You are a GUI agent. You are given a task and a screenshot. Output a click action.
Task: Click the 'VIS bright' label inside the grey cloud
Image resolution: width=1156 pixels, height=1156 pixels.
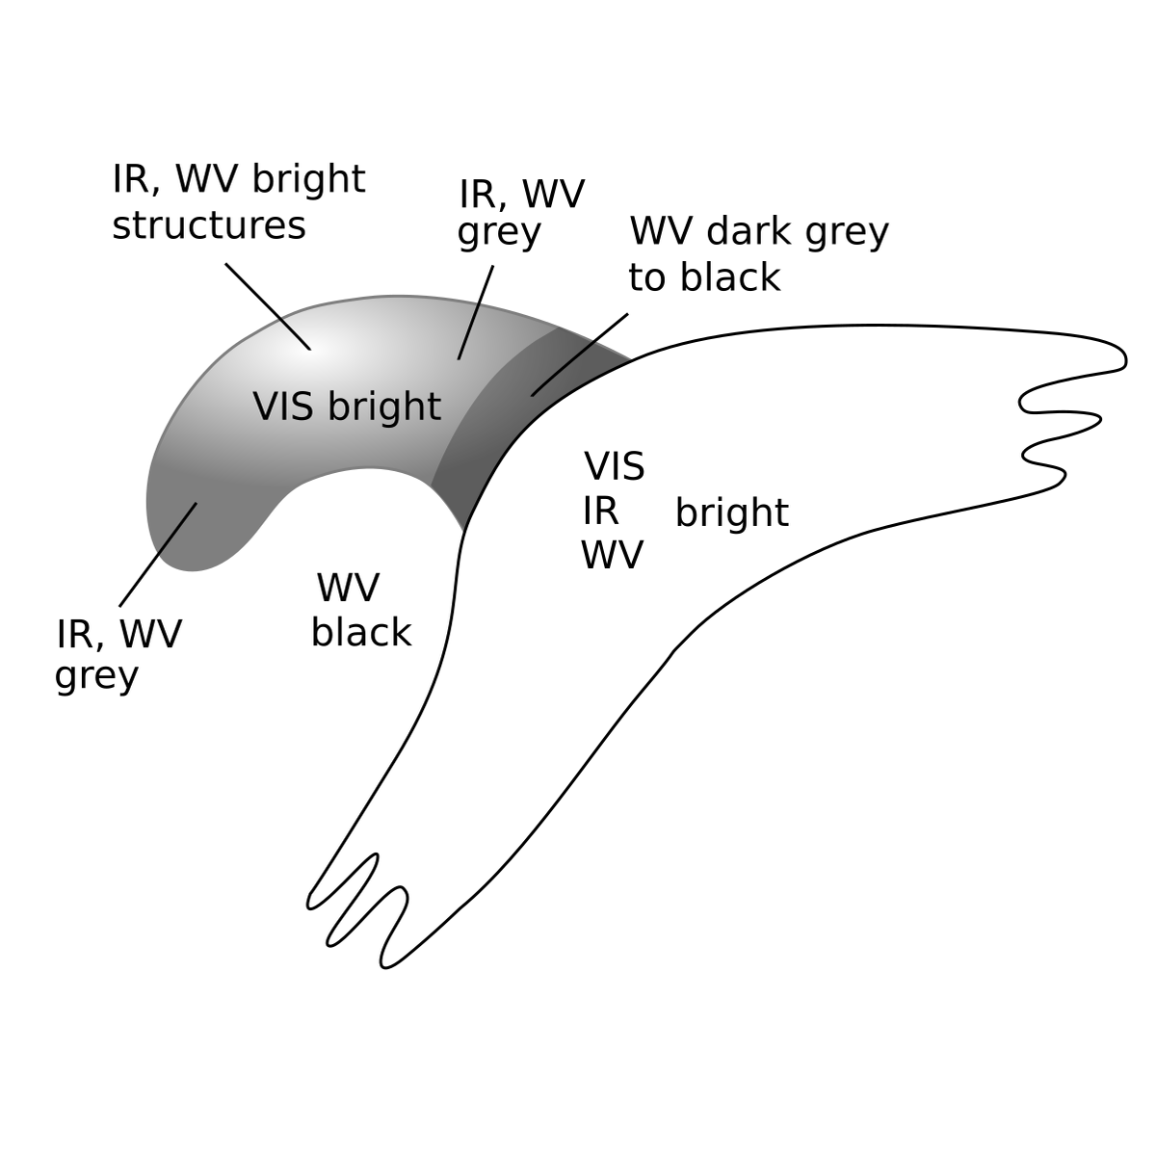[347, 407]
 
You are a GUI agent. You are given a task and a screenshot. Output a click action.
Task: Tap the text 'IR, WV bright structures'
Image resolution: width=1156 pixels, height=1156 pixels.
[238, 202]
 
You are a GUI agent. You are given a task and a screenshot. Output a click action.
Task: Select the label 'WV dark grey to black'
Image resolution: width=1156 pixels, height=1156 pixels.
[758, 254]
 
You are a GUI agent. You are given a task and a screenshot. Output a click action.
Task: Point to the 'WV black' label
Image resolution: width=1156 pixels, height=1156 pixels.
[360, 610]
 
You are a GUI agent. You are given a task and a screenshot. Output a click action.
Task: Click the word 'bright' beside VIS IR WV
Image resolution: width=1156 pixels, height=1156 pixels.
[731, 512]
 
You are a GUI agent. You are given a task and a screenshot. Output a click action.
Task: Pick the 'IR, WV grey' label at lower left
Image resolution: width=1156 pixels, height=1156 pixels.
[118, 655]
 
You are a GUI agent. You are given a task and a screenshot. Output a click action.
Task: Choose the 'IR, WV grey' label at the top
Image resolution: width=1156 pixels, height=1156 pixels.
[520, 213]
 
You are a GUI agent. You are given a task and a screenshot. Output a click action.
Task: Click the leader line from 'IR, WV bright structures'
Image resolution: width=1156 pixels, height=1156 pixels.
[268, 306]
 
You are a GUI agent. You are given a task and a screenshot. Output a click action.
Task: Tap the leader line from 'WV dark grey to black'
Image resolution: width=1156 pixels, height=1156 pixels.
[579, 355]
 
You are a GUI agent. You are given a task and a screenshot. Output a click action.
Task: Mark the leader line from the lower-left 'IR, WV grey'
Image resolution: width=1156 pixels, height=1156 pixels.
[158, 555]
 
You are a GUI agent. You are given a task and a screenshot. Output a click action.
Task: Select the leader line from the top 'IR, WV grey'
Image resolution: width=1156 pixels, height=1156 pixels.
[476, 312]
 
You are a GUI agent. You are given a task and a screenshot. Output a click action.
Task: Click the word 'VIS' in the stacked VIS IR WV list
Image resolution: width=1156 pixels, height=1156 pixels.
[614, 467]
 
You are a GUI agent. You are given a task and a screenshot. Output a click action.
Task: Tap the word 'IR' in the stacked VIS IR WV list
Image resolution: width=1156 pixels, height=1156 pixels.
[600, 512]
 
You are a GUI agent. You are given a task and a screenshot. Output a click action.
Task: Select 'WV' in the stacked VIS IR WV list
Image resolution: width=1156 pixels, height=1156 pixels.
[611, 556]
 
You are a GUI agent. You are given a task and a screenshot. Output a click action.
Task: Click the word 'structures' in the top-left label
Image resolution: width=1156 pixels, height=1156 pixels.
[208, 226]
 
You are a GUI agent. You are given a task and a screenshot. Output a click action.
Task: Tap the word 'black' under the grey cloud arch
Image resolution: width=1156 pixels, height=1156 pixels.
[360, 633]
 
